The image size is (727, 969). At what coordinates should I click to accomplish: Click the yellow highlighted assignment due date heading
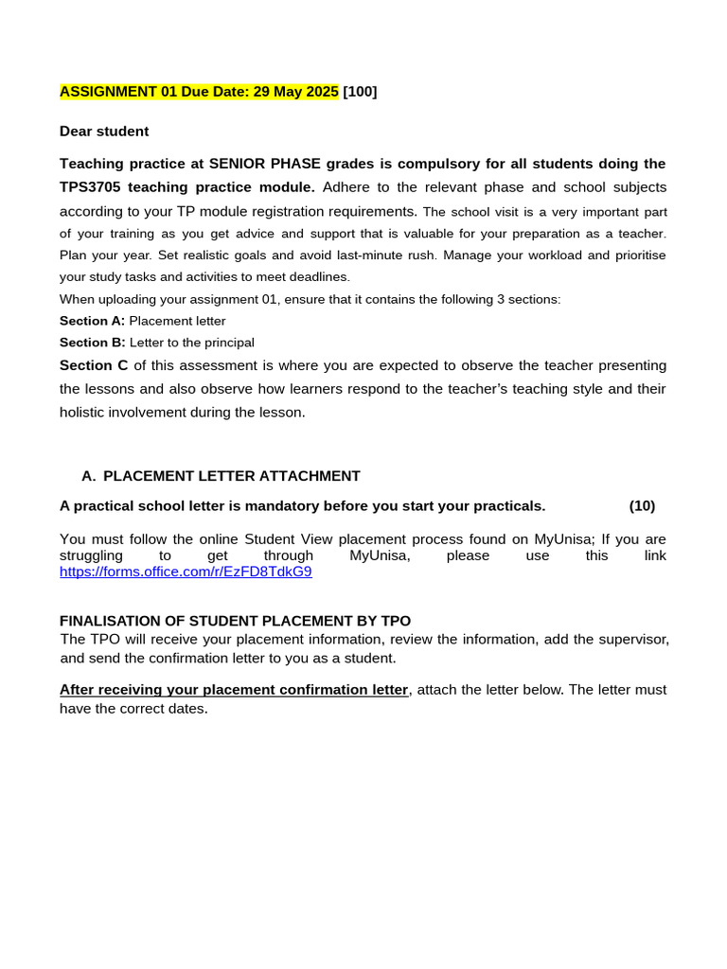click(199, 92)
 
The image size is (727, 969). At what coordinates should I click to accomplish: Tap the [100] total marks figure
click(360, 92)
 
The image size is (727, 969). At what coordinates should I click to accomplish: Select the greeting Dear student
click(104, 132)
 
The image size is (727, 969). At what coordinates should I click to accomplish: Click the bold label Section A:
click(92, 321)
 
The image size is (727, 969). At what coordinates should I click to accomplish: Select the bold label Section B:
click(92, 343)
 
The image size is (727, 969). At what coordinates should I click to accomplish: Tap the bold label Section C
click(94, 365)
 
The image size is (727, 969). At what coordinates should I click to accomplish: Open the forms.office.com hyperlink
click(186, 572)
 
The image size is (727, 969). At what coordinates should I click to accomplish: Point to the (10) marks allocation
click(642, 506)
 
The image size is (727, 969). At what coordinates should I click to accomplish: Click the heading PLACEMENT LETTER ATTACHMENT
click(231, 476)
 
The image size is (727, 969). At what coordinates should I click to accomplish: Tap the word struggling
click(91, 555)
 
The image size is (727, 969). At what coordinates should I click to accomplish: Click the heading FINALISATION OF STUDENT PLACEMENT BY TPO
click(235, 621)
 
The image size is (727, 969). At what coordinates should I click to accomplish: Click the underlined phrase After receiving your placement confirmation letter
click(234, 690)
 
